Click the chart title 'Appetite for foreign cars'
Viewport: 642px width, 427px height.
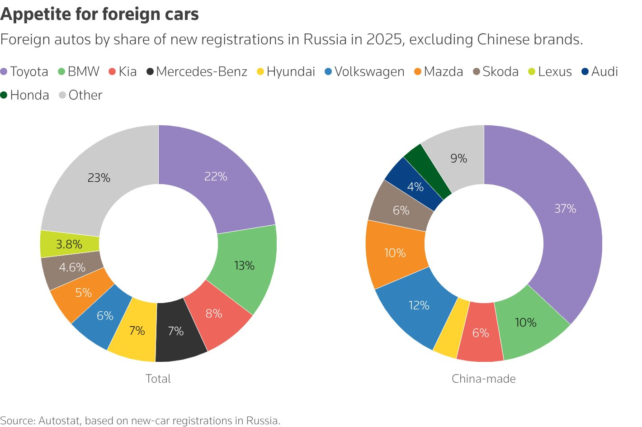coord(99,14)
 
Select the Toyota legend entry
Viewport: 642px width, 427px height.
coord(25,71)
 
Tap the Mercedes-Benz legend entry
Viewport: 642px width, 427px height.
coord(197,71)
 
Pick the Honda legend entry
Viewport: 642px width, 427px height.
coord(25,95)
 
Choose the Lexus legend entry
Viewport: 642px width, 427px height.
coord(550,71)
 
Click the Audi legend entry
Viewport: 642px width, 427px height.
coord(600,71)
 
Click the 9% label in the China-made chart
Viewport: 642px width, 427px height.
coord(458,158)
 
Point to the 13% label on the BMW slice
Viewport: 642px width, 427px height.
coord(244,266)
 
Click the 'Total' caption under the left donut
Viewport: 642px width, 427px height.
coord(158,379)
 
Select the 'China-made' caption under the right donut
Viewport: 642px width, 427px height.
coord(484,379)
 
